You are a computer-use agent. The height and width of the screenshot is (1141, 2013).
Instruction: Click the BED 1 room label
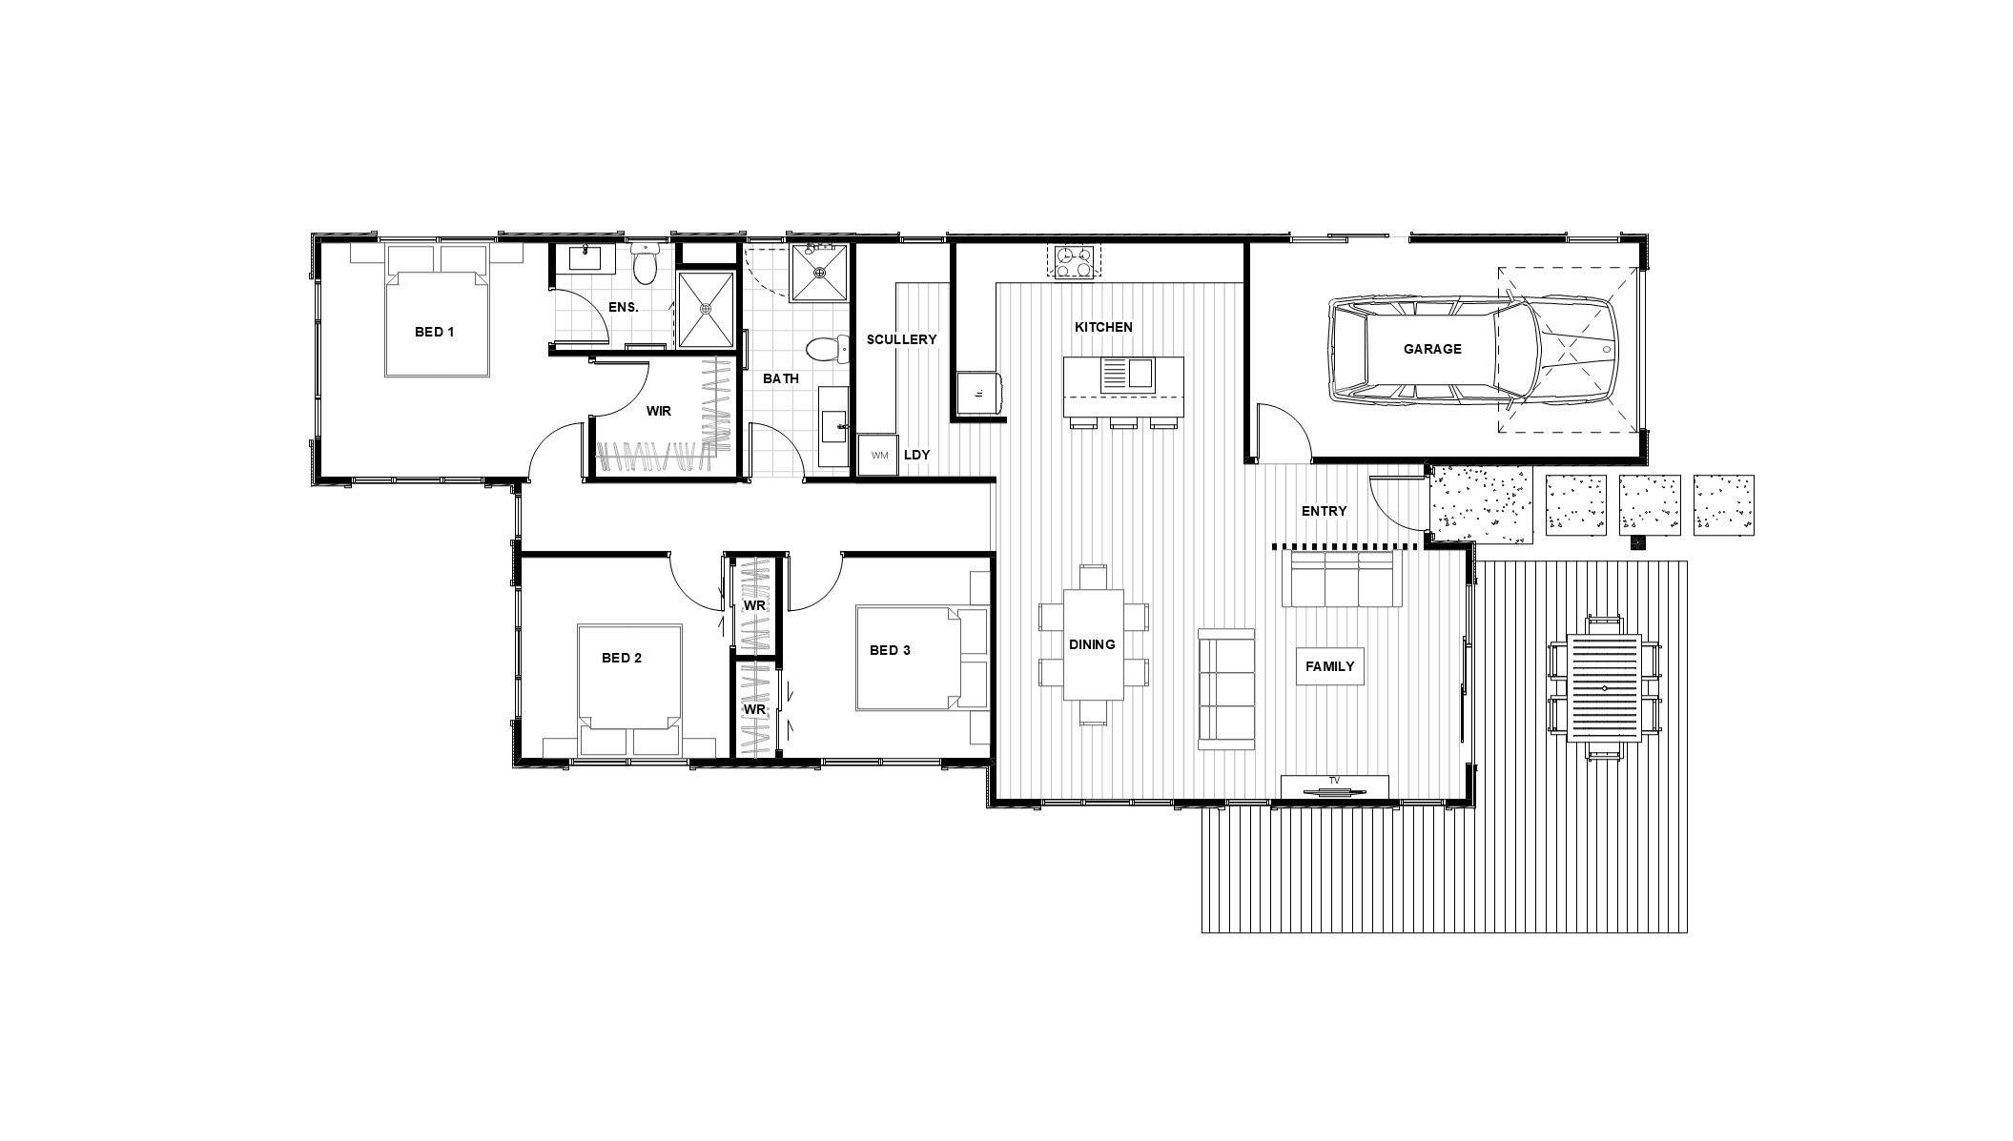click(x=434, y=332)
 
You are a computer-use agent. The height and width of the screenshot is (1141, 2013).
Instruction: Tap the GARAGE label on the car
click(x=1431, y=349)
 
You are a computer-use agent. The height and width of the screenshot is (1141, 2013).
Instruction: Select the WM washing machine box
click(x=879, y=455)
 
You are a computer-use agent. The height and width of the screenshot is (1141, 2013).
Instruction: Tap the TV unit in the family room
click(x=1334, y=786)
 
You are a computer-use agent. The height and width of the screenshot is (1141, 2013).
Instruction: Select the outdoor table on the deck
click(x=1604, y=687)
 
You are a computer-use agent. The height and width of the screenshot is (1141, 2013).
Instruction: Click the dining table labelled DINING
click(x=1093, y=644)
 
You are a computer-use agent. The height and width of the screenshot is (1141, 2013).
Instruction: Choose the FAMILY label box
click(x=1329, y=666)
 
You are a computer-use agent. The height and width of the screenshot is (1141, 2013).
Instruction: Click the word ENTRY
click(x=1324, y=511)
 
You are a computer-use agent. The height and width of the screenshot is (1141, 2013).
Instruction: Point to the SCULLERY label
click(x=901, y=339)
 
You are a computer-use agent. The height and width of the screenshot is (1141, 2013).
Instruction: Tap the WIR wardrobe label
click(x=658, y=411)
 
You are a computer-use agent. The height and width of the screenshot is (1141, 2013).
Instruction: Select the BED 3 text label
click(x=890, y=650)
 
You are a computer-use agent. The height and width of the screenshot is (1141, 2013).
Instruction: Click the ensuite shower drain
click(x=706, y=309)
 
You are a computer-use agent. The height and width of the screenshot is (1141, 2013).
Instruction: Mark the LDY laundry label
click(x=916, y=455)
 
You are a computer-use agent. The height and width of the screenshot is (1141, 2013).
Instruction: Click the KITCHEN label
click(x=1103, y=327)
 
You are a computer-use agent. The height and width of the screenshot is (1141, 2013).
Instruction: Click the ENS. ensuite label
click(x=623, y=307)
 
